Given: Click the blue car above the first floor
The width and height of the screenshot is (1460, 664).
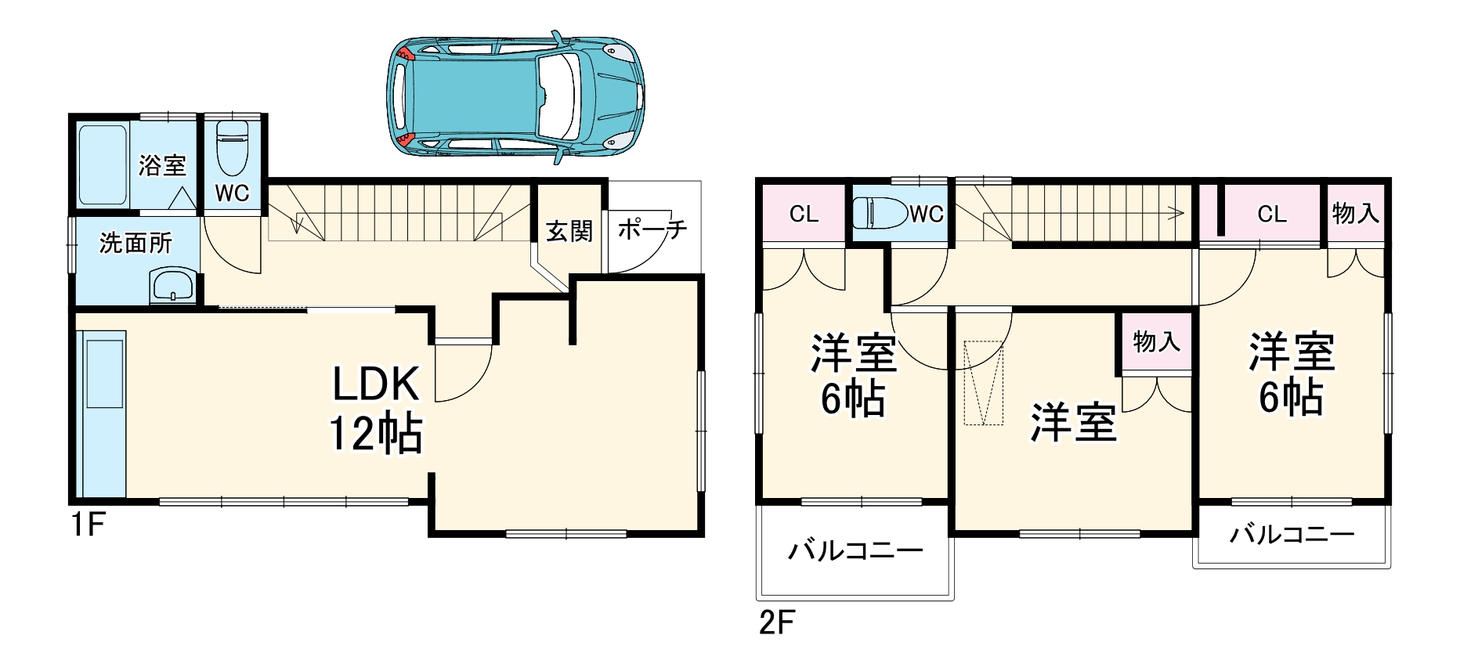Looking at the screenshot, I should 515,97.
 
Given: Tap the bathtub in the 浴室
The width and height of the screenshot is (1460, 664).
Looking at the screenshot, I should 103,164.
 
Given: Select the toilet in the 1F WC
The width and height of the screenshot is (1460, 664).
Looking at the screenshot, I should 232,149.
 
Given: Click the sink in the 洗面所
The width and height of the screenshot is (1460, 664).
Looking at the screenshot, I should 174,285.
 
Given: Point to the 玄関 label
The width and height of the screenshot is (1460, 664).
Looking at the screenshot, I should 569,231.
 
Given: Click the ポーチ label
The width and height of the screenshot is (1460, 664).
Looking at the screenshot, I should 652,229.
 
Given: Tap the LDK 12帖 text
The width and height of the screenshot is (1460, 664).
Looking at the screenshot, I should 376,409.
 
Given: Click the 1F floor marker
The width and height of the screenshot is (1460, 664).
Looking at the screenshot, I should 88,524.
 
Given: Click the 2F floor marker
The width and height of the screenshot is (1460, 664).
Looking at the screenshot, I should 776,622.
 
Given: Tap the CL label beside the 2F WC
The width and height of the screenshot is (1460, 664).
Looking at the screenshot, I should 804,214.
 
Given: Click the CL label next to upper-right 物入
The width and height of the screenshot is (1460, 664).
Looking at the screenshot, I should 1272,214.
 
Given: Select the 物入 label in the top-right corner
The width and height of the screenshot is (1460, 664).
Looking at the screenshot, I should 1356,213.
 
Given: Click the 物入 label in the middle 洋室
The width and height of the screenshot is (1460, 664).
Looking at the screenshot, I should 1156,341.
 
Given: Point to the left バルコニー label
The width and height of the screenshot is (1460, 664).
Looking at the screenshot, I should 855,551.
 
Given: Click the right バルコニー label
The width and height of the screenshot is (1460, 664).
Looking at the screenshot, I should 1292,535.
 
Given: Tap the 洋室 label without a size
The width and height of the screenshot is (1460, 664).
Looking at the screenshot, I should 1073,423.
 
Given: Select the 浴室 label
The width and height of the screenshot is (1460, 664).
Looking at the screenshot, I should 162,165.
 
